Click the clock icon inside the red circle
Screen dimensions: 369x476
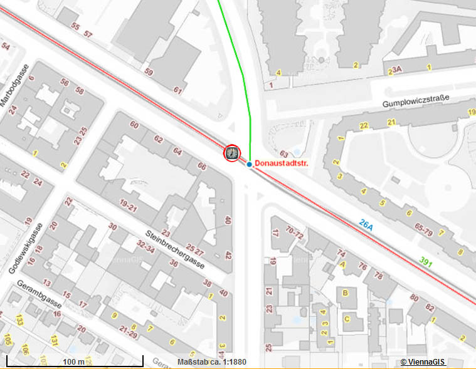[x=232, y=152]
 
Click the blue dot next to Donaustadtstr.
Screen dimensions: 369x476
[x=249, y=164]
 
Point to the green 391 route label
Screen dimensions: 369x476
[x=426, y=261]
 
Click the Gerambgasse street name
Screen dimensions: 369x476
[x=40, y=301]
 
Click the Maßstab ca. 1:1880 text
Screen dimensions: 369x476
[x=212, y=362]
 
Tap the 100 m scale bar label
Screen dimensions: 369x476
[x=73, y=362]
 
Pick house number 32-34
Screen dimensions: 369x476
[x=146, y=247]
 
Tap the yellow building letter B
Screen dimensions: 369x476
[x=344, y=293]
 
